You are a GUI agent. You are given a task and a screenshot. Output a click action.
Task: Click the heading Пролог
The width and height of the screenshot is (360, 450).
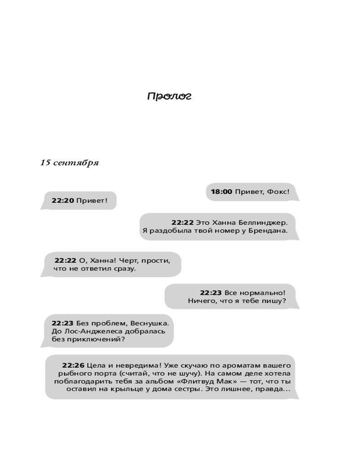tap(169, 96)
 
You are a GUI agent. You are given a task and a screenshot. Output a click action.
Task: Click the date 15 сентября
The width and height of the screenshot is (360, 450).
tap(69, 163)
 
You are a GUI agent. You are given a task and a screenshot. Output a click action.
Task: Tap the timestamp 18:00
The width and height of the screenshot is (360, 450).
tap(221, 192)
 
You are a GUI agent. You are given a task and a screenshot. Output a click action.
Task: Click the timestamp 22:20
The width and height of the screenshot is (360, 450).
tap(63, 201)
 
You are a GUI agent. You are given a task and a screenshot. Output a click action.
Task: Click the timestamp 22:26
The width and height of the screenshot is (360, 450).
tap(73, 365)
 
